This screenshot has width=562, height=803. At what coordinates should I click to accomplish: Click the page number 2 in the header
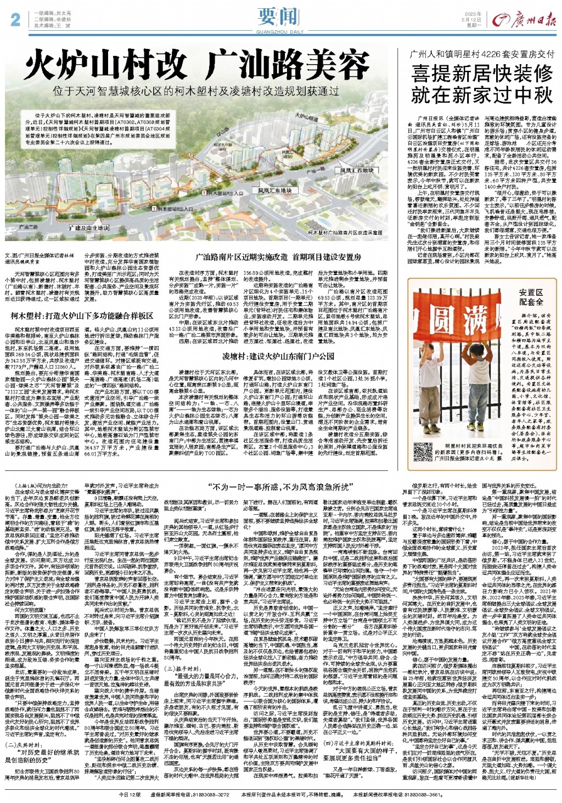coord(15,19)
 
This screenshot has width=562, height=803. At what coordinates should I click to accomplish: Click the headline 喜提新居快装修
coord(482,74)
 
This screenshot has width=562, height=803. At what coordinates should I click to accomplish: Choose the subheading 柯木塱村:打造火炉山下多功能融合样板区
coord(82,316)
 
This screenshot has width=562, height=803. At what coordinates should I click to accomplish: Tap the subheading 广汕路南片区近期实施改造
coord(279,257)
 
